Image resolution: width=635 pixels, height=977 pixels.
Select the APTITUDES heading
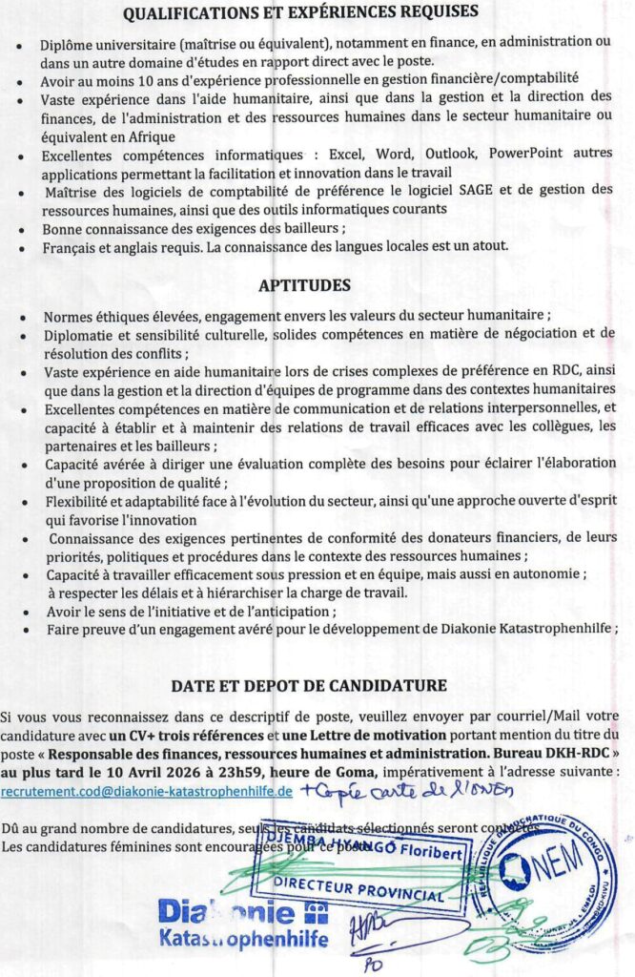317,285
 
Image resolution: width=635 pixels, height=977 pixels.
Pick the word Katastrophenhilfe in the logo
243,940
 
